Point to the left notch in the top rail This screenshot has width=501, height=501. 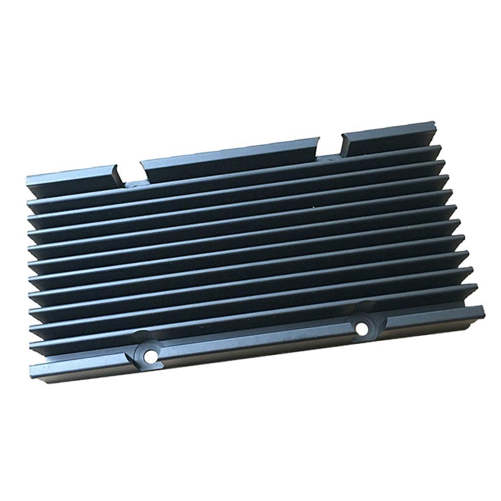130,176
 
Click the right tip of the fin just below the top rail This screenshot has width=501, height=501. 440,149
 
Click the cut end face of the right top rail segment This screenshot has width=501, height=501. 344,144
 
